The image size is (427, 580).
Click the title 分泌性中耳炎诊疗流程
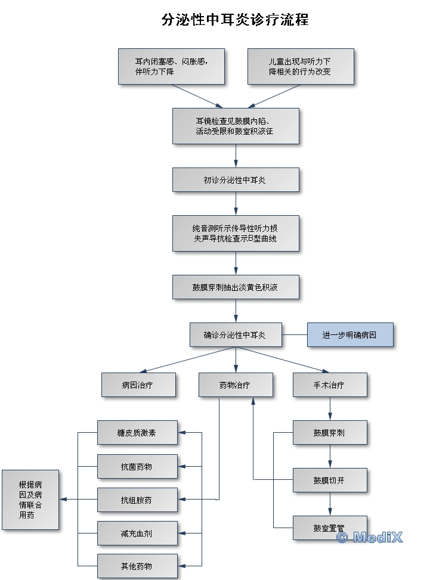coord(235,20)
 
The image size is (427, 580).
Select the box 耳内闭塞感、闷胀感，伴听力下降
coord(171,66)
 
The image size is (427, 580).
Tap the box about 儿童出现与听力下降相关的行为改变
coord(300,66)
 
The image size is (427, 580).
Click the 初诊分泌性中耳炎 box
coord(235,179)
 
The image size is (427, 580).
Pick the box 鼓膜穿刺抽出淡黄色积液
coord(235,287)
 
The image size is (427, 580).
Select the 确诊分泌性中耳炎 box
coord(235,335)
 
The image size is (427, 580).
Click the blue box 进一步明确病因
coord(350,335)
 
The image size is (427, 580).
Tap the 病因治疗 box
coord(138,385)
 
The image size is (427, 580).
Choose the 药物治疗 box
coord(235,385)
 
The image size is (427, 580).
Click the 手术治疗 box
coord(329,385)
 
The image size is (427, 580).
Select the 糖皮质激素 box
coord(137,433)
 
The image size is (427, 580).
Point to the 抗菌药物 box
coord(137,466)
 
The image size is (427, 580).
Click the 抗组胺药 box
coord(137,500)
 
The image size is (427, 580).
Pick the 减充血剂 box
coord(137,533)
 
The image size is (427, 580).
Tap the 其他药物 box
coord(137,566)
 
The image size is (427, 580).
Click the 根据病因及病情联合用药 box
coord(30,500)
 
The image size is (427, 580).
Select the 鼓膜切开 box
coord(329,480)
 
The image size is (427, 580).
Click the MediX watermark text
coord(369,537)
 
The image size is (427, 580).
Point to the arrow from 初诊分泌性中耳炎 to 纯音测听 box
coord(236,203)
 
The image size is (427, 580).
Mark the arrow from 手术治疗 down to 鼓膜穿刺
coord(330,409)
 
